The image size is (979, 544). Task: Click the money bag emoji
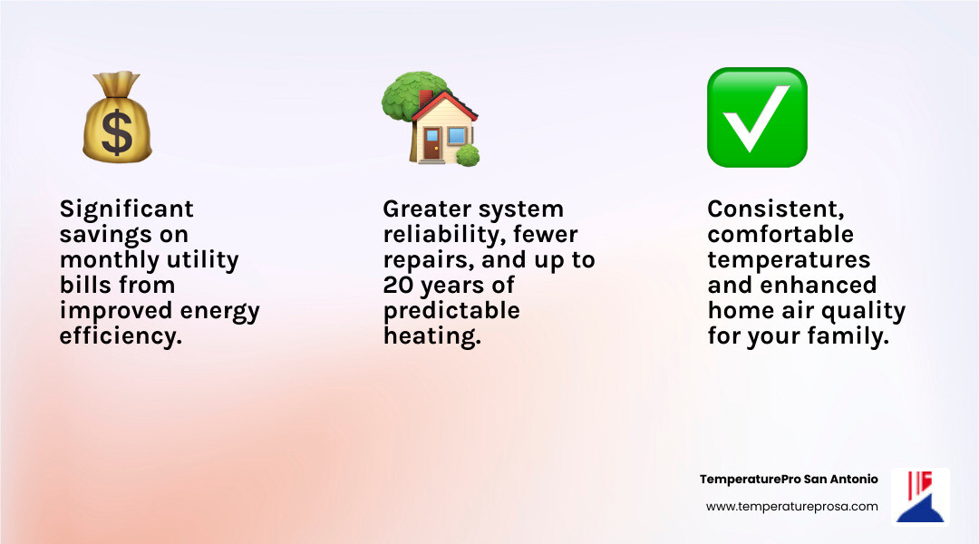(x=117, y=120)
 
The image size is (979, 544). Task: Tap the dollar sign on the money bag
(x=117, y=132)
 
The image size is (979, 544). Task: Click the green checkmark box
(x=757, y=117)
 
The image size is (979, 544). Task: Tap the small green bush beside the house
(x=468, y=155)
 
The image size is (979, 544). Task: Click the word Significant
(x=127, y=209)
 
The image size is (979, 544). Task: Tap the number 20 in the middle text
(x=398, y=286)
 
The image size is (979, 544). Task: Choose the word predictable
(x=451, y=311)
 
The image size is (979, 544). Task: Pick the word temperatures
(x=789, y=260)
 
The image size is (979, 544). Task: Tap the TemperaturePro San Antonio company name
(x=789, y=479)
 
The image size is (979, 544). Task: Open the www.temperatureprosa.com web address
(x=791, y=507)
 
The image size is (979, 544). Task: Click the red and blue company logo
(x=920, y=496)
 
